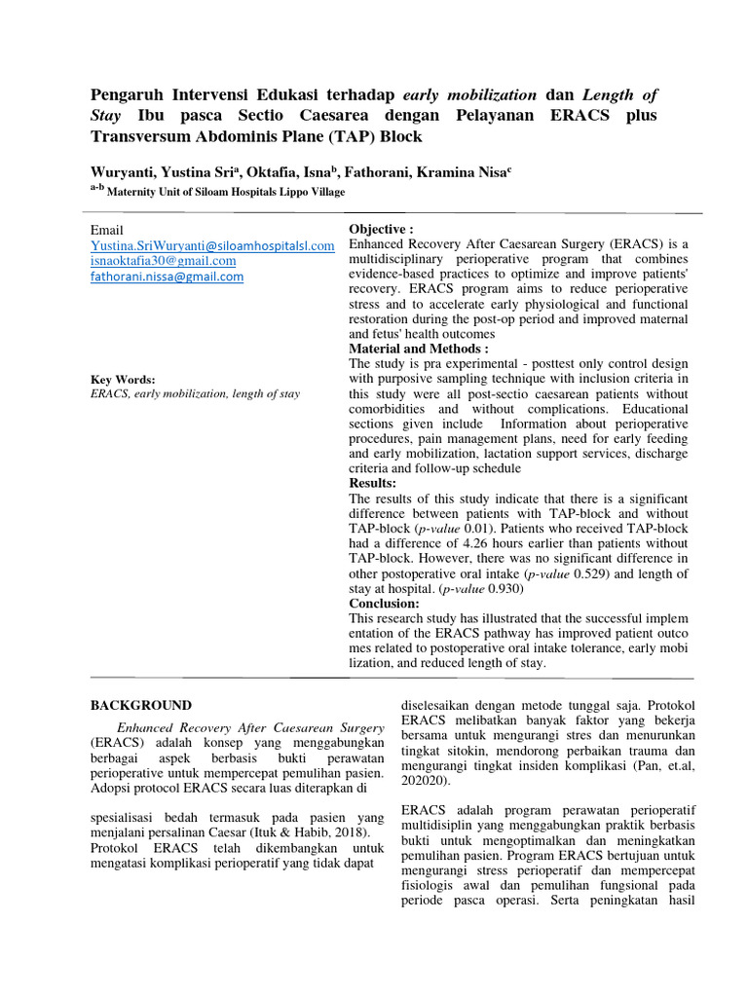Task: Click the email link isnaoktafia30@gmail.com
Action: pyautogui.click(x=163, y=261)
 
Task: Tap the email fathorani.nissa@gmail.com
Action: pyautogui.click(x=167, y=277)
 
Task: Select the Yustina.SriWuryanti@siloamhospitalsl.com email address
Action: pyautogui.click(x=212, y=245)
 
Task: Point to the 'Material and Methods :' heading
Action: pyautogui.click(x=418, y=349)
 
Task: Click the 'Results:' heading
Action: pyautogui.click(x=372, y=483)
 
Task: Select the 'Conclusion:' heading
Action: pyautogui.click(x=384, y=604)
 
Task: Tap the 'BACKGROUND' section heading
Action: pyautogui.click(x=141, y=705)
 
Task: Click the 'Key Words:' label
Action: pyautogui.click(x=123, y=380)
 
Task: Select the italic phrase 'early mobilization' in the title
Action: pyautogui.click(x=468, y=94)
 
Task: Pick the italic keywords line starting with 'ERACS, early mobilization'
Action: pyautogui.click(x=195, y=394)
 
